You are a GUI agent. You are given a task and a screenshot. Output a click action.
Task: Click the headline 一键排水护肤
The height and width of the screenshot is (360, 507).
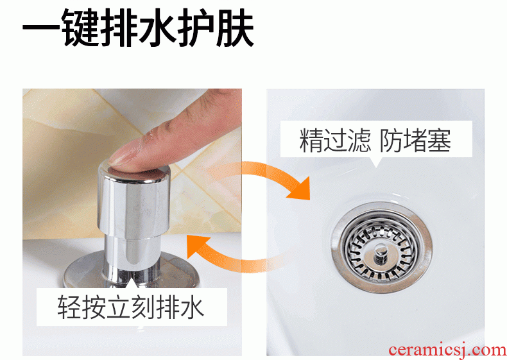pos(138,28)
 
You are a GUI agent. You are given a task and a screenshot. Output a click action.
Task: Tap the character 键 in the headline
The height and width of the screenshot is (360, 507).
pos(81,28)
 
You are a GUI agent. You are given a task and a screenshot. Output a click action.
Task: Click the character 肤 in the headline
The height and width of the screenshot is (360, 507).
pos(236,28)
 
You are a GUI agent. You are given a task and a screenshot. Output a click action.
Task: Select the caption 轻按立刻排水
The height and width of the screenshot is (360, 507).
pos(131,307)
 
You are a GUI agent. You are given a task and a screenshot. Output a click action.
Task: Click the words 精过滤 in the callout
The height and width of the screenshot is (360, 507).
pos(334,140)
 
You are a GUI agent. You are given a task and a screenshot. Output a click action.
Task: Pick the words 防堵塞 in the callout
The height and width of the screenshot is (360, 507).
pos(415,140)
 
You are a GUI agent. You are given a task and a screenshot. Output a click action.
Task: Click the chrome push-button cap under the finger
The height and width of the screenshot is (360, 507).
pos(133,201)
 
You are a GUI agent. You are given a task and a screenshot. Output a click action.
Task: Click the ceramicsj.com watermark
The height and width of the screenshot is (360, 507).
pos(447,350)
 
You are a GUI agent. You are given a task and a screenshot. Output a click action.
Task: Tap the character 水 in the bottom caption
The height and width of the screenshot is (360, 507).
pos(193,307)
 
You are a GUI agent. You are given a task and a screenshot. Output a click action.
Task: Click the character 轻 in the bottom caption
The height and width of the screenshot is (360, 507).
pos(69,307)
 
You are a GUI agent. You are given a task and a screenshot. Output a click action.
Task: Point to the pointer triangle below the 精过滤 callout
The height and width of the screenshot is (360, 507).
pos(375,162)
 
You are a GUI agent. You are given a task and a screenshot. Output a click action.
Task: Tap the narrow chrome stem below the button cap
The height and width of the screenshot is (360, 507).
pos(132,255)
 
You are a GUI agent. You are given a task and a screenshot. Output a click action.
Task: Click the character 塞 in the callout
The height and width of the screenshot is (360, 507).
pos(440,140)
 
